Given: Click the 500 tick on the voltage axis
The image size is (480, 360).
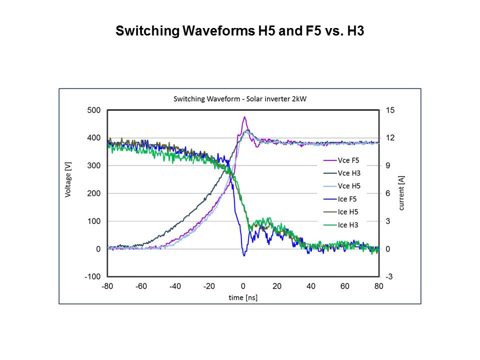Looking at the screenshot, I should coord(94,110).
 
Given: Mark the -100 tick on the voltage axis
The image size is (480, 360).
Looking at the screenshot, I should coord(93,276).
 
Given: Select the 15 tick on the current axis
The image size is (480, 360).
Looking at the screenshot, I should coord(389,110).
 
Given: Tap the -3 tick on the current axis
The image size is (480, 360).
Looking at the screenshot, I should coord(389,276).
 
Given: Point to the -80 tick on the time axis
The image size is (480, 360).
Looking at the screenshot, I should coord(107,286).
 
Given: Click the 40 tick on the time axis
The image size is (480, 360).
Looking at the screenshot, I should coord(311,286).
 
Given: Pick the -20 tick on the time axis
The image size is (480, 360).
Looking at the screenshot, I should coord(209,286).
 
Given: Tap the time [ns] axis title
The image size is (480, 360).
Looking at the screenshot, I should coord(243,297).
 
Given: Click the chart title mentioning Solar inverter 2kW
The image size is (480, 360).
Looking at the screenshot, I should coord(239,99).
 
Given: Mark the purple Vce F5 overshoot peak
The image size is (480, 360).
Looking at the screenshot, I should coord(244,117).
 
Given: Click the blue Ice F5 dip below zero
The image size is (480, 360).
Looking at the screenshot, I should coord(244,255).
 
